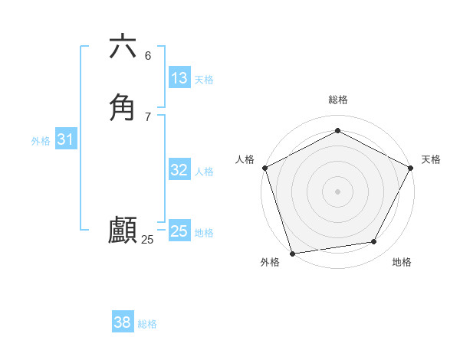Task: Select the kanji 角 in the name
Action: click(123, 107)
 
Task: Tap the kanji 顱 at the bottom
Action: click(123, 230)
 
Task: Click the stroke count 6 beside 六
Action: click(148, 56)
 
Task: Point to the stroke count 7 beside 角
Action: click(148, 117)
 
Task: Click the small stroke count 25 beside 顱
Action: click(147, 240)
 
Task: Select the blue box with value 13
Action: click(179, 78)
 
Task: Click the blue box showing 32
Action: click(179, 170)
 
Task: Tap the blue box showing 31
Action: click(66, 139)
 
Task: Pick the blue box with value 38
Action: click(123, 322)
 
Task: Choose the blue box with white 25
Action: click(179, 231)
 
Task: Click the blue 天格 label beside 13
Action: click(204, 80)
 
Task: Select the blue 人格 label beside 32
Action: click(204, 172)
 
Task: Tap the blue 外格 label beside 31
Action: click(41, 141)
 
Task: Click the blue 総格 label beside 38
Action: click(147, 324)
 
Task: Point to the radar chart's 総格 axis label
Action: click(337, 100)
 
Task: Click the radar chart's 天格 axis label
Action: click(431, 159)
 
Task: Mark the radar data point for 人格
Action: click(264, 168)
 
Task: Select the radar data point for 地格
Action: click(374, 242)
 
